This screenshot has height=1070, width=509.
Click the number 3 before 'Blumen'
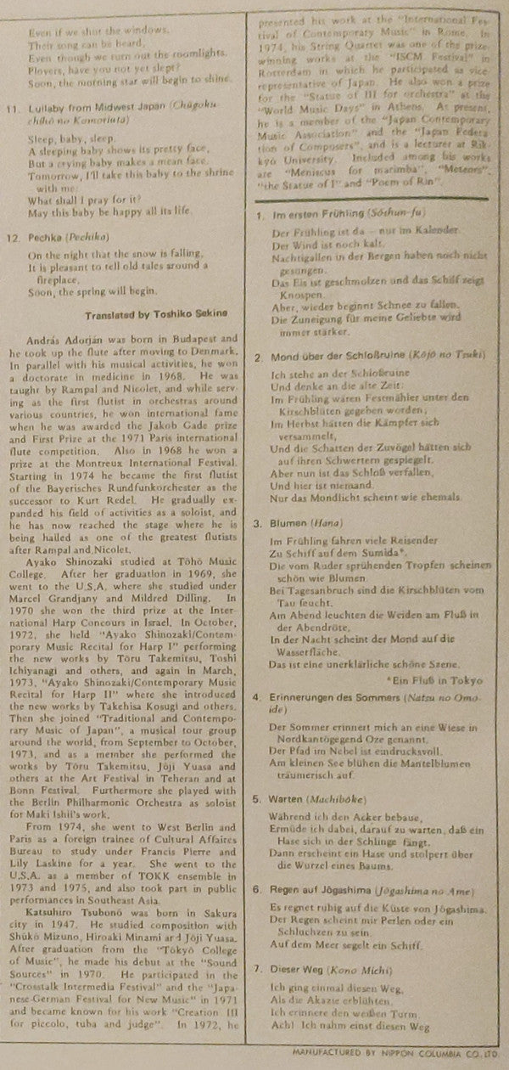point(259,525)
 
